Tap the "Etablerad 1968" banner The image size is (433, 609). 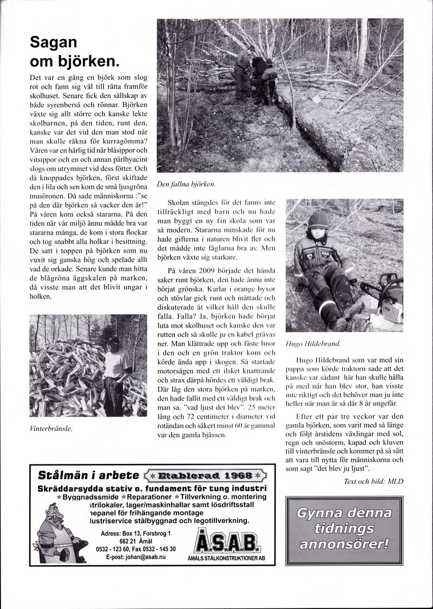tap(207, 476)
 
